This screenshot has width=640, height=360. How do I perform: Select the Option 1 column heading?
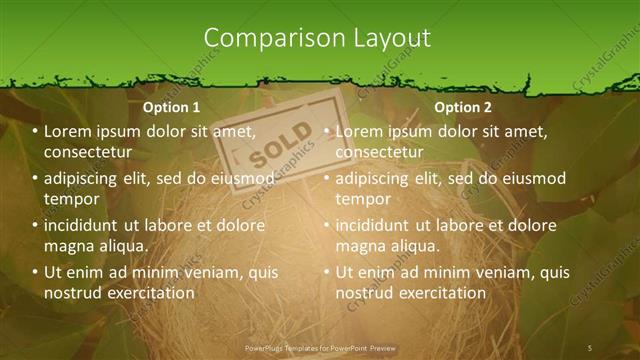coord(171,107)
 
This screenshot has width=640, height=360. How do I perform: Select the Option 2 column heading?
coord(463,107)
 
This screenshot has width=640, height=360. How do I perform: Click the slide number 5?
coord(590,347)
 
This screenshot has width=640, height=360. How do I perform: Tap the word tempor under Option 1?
coord(69,199)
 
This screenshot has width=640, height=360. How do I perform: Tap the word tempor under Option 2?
coord(361,199)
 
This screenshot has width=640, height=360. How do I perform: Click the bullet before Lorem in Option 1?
coord(35,132)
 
